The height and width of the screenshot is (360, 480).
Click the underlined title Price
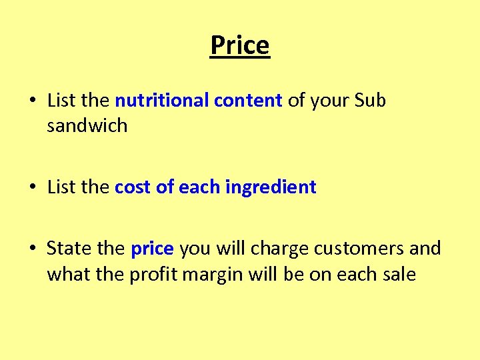[x=240, y=46]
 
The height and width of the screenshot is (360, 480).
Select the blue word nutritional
[x=162, y=101]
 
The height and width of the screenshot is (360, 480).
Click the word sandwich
[x=87, y=125]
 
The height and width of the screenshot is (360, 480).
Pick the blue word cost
[x=133, y=187]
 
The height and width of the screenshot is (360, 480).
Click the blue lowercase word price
[x=153, y=249]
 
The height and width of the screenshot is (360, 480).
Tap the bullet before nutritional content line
[x=32, y=101]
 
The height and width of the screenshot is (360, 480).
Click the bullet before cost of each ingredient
[x=32, y=188]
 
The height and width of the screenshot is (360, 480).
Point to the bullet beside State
[x=32, y=249]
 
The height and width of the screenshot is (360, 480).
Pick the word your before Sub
[x=328, y=101]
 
